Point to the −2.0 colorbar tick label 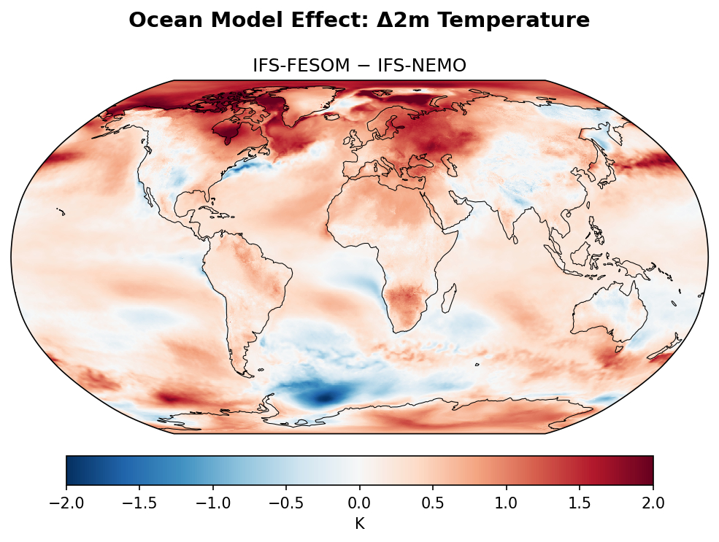[x=66, y=503]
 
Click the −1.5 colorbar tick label [x=139, y=503]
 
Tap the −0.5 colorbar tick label [x=286, y=503]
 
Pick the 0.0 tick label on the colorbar [x=360, y=503]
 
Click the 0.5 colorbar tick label [x=433, y=503]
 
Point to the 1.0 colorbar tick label [x=507, y=503]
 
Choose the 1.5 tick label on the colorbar [x=580, y=503]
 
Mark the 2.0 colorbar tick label [x=653, y=503]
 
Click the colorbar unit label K [x=360, y=523]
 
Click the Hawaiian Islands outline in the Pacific [x=62, y=212]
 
